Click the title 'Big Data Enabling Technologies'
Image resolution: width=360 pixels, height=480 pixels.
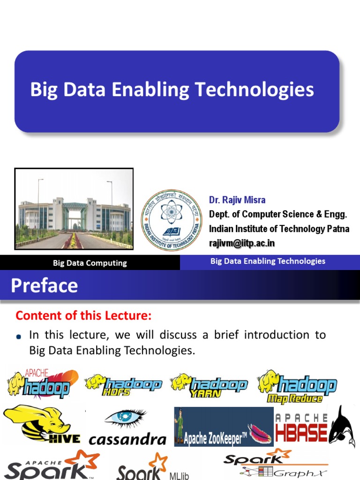172,90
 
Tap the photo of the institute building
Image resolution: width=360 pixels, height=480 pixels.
74,209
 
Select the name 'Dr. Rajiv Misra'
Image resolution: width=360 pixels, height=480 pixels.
237,200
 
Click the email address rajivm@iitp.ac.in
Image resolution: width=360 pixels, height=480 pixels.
242,243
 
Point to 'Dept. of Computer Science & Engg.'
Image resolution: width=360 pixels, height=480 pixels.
278,214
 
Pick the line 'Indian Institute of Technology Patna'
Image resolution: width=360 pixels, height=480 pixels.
279,229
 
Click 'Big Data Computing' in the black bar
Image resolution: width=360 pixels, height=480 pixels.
90,263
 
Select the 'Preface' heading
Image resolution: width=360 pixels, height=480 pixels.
45,285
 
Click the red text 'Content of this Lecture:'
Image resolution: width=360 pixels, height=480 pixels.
84,316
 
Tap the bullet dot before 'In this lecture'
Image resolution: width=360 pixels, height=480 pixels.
19,337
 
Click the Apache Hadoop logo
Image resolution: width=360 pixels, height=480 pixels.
42,383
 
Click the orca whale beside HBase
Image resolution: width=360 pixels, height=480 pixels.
342,424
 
